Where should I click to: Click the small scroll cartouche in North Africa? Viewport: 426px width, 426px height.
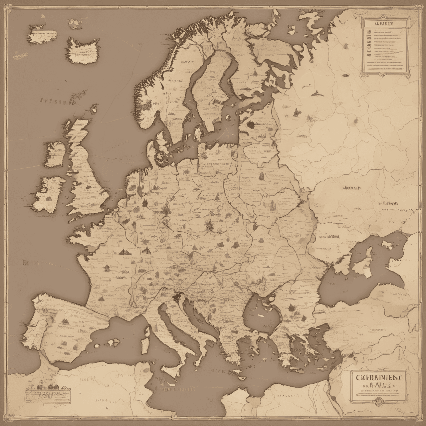[x=49, y=395]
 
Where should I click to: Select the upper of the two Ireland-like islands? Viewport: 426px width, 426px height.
[x=55, y=154]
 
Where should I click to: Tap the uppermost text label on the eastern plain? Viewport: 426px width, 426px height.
[x=351, y=188]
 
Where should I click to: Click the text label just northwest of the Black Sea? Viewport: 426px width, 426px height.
[x=329, y=237]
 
